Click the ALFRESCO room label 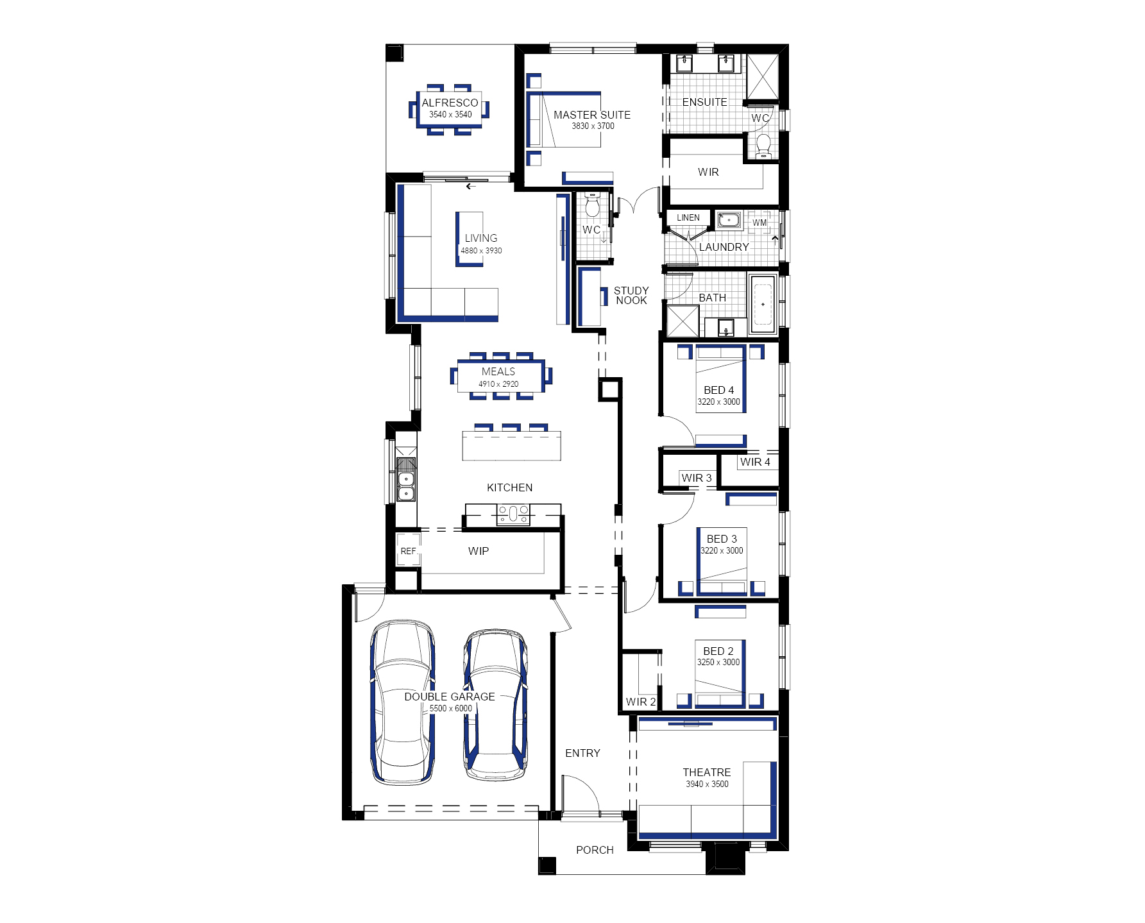click(x=450, y=103)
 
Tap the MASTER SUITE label click(x=592, y=115)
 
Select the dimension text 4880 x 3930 click(x=481, y=251)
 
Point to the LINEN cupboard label click(x=688, y=217)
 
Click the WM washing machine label click(x=759, y=223)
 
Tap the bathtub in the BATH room click(x=763, y=304)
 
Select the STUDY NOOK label click(x=631, y=295)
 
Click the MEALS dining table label click(x=498, y=371)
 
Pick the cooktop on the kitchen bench click(x=513, y=514)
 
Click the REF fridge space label click(x=408, y=551)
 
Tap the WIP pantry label click(x=479, y=551)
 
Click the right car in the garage click(x=495, y=704)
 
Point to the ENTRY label click(x=582, y=753)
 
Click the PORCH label click(x=595, y=850)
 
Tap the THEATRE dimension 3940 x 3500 click(x=707, y=784)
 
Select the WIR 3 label click(x=697, y=478)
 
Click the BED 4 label click(x=718, y=390)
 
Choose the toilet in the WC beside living click(x=592, y=205)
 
